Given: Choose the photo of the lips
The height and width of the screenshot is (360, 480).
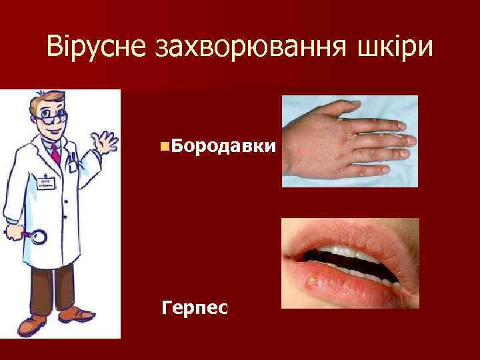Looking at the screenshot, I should (350, 263).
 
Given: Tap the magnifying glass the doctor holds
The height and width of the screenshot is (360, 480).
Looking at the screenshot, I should (37, 237).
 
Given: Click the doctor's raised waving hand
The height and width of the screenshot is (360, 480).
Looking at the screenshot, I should (105, 140).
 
